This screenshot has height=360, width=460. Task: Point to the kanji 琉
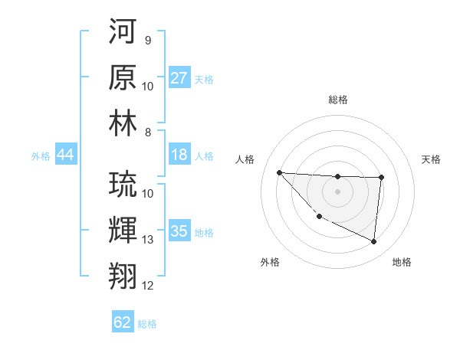123,185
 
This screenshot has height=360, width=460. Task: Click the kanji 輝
123,231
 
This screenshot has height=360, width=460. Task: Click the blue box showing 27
179,78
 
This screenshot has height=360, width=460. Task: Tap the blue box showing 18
179,155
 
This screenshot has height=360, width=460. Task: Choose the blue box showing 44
65,155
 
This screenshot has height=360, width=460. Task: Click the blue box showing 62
123,322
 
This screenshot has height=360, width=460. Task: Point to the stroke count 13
148,240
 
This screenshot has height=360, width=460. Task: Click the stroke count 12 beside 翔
148,286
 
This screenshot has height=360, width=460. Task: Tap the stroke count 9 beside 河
147,40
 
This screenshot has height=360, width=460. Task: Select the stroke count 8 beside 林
147,132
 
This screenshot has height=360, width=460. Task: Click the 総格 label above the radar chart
337,100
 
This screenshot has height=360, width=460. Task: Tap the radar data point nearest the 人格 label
279,172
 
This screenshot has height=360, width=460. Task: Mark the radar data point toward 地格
374,242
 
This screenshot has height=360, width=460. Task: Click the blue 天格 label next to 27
203,79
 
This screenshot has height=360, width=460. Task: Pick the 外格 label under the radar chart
270,262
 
